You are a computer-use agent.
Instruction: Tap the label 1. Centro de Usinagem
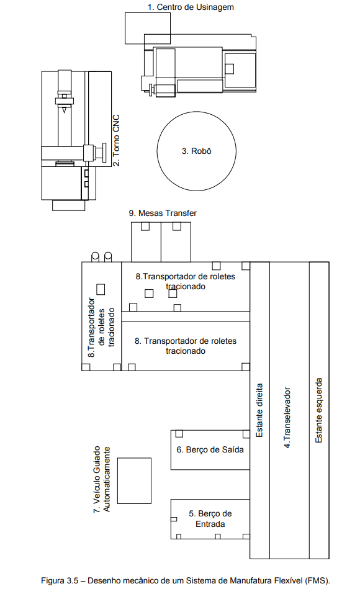click(x=191, y=7)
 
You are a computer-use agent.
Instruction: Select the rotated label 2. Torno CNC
click(x=116, y=140)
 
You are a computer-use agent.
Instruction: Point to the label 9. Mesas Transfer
click(x=163, y=213)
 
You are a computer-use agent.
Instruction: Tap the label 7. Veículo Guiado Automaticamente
click(x=102, y=479)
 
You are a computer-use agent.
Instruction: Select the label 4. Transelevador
click(x=287, y=417)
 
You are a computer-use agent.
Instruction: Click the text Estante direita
click(x=259, y=410)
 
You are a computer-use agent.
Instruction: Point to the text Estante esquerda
click(x=318, y=410)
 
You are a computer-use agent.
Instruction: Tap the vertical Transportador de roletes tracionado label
click(x=101, y=327)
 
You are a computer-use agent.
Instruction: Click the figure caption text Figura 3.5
click(x=60, y=580)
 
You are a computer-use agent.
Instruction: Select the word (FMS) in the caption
click(x=318, y=580)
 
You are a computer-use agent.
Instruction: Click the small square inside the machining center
click(x=229, y=69)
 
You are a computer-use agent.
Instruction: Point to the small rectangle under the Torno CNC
click(x=69, y=205)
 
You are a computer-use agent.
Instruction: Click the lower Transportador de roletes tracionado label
click(x=186, y=346)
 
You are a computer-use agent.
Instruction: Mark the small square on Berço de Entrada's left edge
click(x=174, y=519)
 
